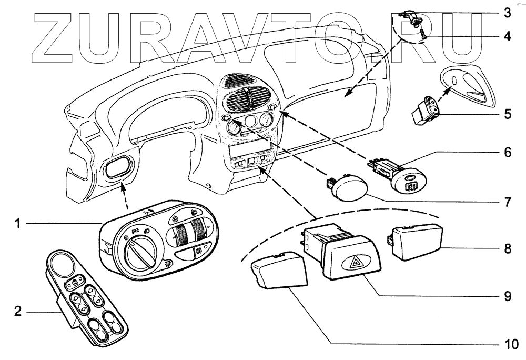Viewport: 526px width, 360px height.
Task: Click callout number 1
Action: click(17, 224)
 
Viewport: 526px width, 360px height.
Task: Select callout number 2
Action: click(17, 312)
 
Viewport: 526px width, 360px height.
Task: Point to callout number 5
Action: click(507, 113)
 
